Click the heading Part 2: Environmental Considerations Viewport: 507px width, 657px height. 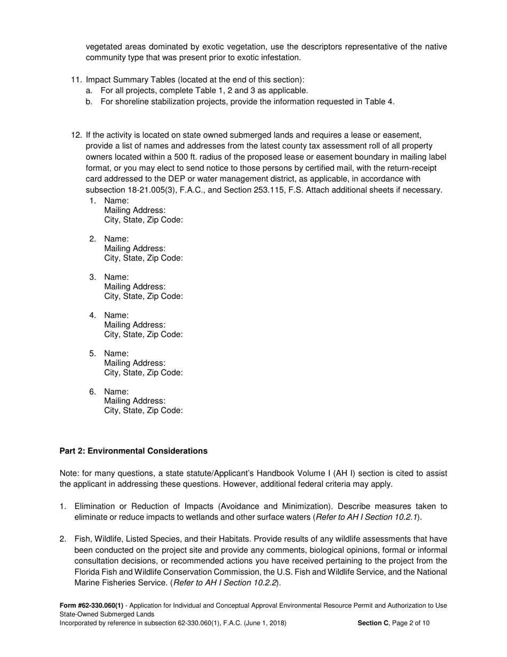coord(133,451)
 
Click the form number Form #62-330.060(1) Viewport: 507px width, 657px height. coord(91,605)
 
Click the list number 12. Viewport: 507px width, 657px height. coord(76,135)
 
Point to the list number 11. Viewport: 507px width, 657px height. coord(76,80)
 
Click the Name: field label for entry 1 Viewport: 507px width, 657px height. coord(116,200)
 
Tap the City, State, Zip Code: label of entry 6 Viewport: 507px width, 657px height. coord(144,411)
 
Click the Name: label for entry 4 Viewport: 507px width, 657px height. coord(116,315)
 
